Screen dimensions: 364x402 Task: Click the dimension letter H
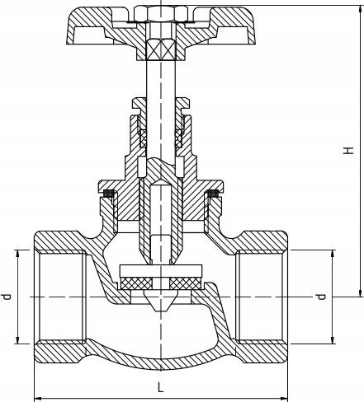(348, 151)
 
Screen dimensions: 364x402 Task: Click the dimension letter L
(160, 387)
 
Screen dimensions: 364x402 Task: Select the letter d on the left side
(6, 297)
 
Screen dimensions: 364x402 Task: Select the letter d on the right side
(321, 297)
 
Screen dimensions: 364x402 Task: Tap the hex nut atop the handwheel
(161, 13)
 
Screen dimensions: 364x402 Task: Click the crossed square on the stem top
(161, 49)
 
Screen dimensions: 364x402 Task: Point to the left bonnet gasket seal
(108, 194)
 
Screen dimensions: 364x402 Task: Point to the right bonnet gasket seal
(213, 194)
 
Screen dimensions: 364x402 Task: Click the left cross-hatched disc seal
(137, 283)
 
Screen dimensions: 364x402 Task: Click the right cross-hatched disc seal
(186, 283)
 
